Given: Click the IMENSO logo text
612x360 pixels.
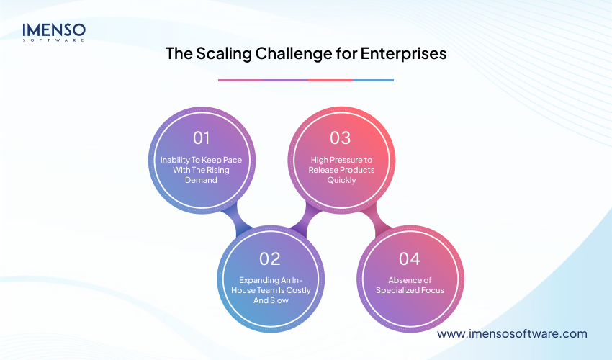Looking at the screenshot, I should [53, 30].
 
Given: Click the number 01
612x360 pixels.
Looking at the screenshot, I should [202, 138].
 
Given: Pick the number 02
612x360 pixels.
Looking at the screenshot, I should [270, 258].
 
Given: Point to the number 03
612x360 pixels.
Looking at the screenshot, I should [340, 138].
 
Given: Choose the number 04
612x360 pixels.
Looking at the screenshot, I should [409, 258].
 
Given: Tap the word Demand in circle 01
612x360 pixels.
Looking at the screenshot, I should [202, 180].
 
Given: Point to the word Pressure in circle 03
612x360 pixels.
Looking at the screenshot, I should [344, 160].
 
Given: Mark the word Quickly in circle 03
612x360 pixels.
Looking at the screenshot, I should [341, 180].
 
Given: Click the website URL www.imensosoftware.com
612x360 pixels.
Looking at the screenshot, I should [512, 334].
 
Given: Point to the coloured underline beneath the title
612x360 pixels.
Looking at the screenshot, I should [305, 80].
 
